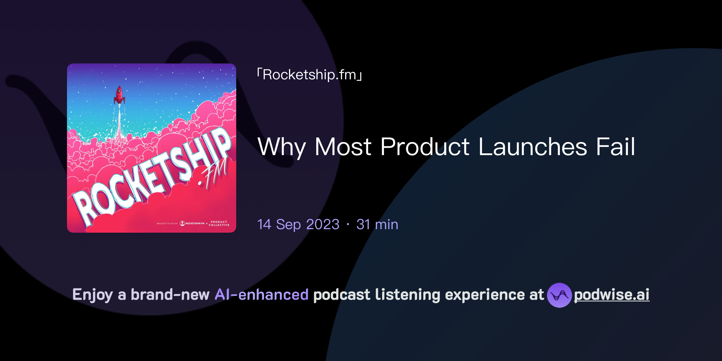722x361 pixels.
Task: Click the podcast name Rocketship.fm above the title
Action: click(310, 75)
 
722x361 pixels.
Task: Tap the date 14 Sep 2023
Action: click(298, 225)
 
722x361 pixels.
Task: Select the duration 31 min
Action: click(377, 225)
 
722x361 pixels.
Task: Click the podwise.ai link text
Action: click(612, 295)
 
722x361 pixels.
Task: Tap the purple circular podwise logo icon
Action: click(559, 295)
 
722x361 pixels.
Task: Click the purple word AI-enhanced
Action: click(262, 295)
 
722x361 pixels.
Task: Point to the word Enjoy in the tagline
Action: click(92, 295)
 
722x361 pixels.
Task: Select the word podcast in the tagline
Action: click(342, 295)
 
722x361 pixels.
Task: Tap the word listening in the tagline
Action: click(408, 295)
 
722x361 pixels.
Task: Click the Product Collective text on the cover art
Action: click(219, 224)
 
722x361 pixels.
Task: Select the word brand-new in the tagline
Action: click(170, 295)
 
